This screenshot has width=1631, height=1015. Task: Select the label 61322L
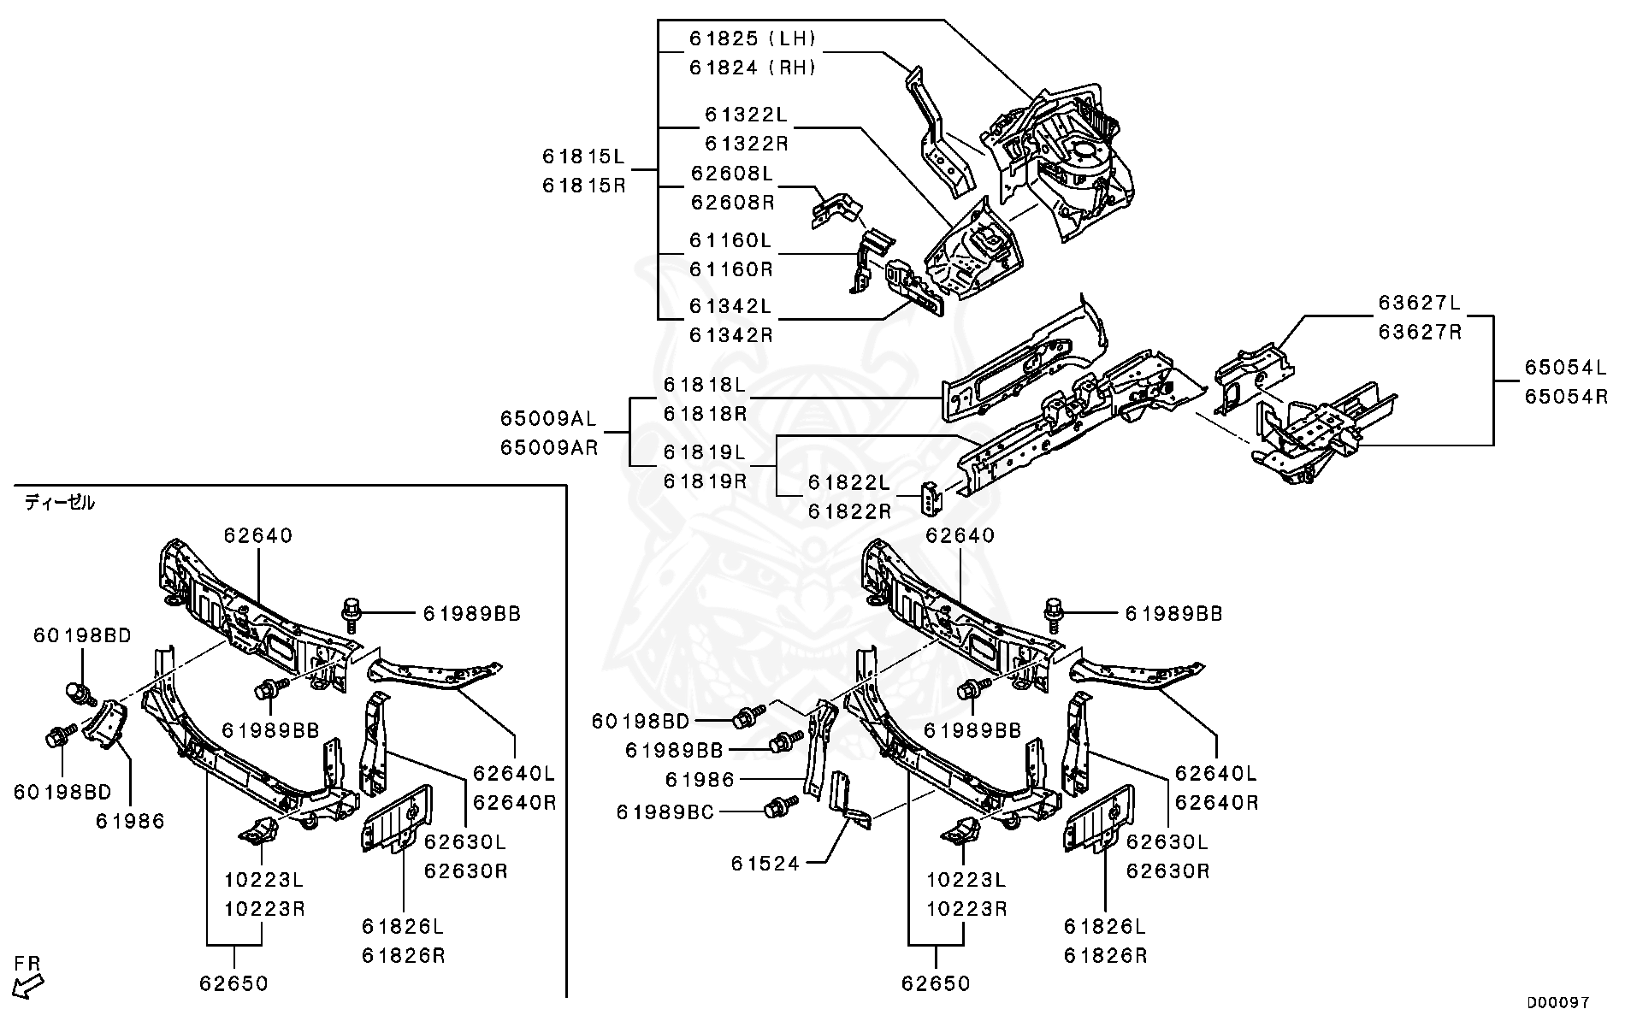coord(746,114)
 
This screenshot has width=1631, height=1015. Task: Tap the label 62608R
coord(731,203)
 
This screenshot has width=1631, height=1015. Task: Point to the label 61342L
coord(730,305)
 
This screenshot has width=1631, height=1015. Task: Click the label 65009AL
coord(548,418)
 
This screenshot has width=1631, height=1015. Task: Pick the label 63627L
coord(1419,303)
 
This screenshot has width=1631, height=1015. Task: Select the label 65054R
coord(1565,397)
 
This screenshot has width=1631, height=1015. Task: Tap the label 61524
coord(765,864)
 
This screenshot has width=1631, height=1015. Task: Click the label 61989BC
coord(665,811)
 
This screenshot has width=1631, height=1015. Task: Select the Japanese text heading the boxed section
coord(59,503)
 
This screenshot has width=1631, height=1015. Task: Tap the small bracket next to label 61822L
coord(931,499)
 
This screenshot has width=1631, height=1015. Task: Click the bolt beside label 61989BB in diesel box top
coord(352,613)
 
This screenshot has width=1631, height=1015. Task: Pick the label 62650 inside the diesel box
coord(233,983)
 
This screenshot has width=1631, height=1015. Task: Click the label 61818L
coord(705,385)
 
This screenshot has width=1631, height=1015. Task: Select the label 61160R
coord(730,269)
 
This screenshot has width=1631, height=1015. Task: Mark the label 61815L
coord(583,156)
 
